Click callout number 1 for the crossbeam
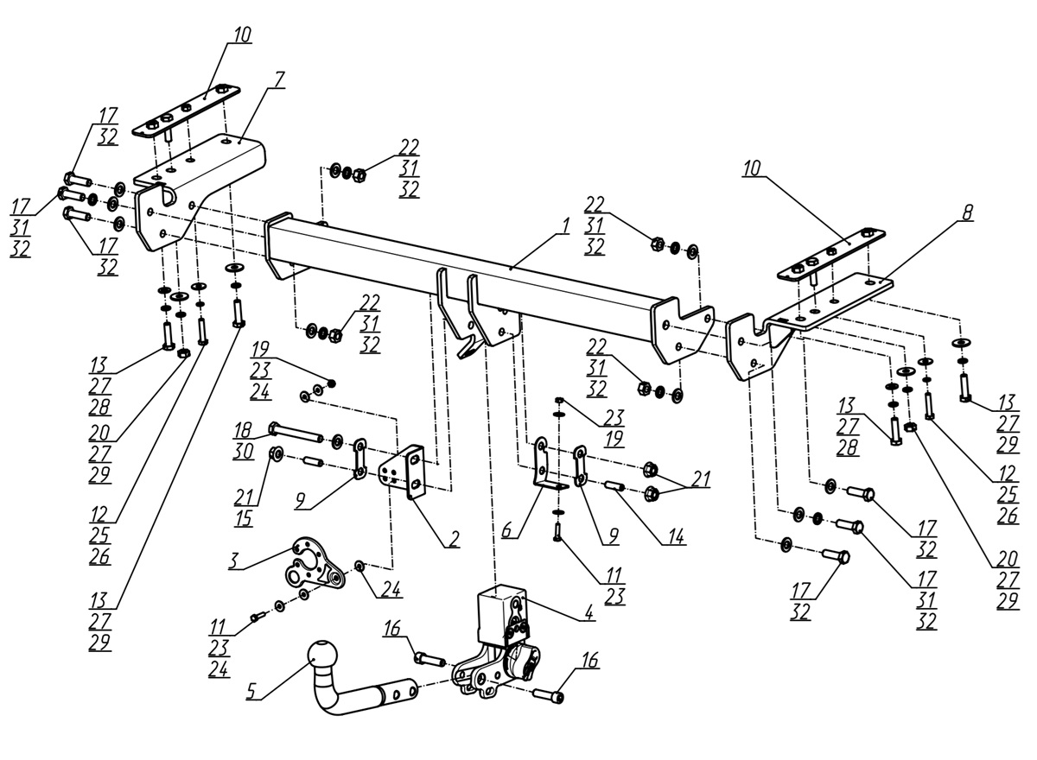[x=564, y=225]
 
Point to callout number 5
[x=251, y=692]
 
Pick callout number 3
[x=235, y=561]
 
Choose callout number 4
[x=588, y=612]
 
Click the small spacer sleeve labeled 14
[x=615, y=486]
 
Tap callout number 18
[x=243, y=431]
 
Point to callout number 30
[x=243, y=452]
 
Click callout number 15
[x=244, y=518]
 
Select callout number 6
[x=507, y=530]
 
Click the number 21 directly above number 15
[x=244, y=497]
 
